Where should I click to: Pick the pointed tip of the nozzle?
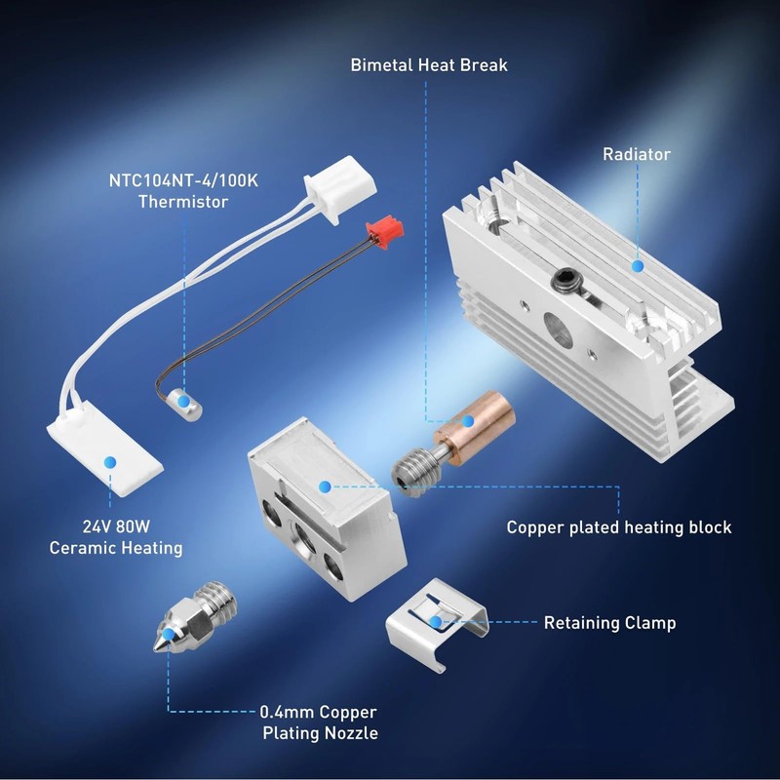[158, 652]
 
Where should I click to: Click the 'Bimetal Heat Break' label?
[429, 65]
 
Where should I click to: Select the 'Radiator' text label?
[636, 154]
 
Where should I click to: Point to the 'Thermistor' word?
[183, 202]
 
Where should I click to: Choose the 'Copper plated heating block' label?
[618, 527]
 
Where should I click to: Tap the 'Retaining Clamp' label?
[609, 622]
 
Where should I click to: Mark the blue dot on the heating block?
[325, 485]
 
